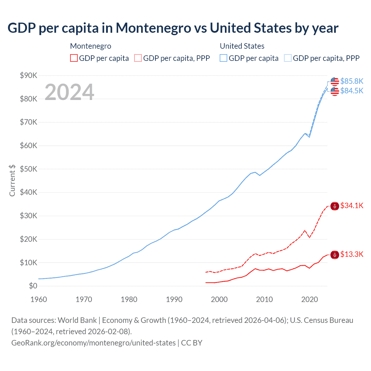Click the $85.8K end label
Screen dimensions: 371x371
click(352, 81)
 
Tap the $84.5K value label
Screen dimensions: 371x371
click(352, 91)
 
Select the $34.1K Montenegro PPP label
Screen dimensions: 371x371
click(352, 206)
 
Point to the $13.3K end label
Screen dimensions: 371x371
click(352, 254)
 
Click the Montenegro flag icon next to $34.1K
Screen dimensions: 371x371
click(335, 206)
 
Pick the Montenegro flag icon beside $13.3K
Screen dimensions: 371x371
click(335, 255)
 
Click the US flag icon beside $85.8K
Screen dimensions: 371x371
click(335, 81)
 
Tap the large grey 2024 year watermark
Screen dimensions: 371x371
click(69, 92)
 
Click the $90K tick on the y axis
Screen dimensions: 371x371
click(28, 76)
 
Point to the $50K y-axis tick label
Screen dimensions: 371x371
click(28, 169)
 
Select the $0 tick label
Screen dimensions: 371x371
click(33, 286)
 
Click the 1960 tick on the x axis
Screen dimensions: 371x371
click(39, 299)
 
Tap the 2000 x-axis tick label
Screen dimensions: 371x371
click(219, 299)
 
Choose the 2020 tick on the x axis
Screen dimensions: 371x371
click(309, 299)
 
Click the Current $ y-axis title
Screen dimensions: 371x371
click(12, 180)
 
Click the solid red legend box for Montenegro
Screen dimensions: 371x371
click(74, 58)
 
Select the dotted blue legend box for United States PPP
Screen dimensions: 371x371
click(288, 58)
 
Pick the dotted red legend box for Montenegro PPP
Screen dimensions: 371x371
click(138, 58)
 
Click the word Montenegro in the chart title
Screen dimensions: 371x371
click(153, 28)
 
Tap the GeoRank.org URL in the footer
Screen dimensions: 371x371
click(93, 343)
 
